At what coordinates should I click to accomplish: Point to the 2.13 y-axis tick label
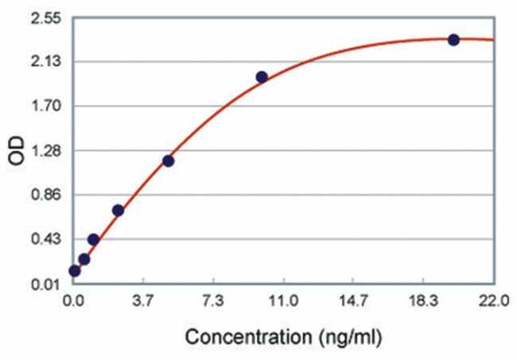click(49, 62)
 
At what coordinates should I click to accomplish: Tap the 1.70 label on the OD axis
click(49, 106)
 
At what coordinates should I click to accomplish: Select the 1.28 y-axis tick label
click(49, 151)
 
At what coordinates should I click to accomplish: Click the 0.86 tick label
click(49, 195)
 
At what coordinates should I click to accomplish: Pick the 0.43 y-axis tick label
click(49, 239)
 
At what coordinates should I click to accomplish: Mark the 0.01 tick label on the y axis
click(49, 285)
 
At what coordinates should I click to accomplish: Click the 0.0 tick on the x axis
click(74, 301)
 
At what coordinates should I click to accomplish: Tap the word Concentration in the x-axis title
click(249, 336)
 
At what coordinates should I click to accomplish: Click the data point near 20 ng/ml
click(453, 40)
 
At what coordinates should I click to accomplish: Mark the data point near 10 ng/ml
click(262, 77)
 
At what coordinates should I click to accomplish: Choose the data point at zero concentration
click(75, 271)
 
